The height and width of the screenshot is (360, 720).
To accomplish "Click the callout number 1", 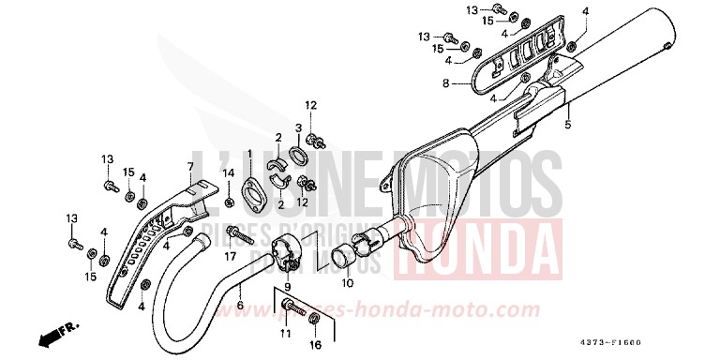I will click(x=250, y=153).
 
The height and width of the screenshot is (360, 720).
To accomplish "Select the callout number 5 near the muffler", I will click(x=567, y=124).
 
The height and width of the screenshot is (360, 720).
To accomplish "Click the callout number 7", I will click(x=188, y=166).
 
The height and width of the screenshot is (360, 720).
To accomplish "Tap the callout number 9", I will click(x=288, y=285).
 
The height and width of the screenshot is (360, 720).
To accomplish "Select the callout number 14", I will click(x=229, y=172).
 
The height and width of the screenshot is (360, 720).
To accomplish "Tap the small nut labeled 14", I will click(x=230, y=202).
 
